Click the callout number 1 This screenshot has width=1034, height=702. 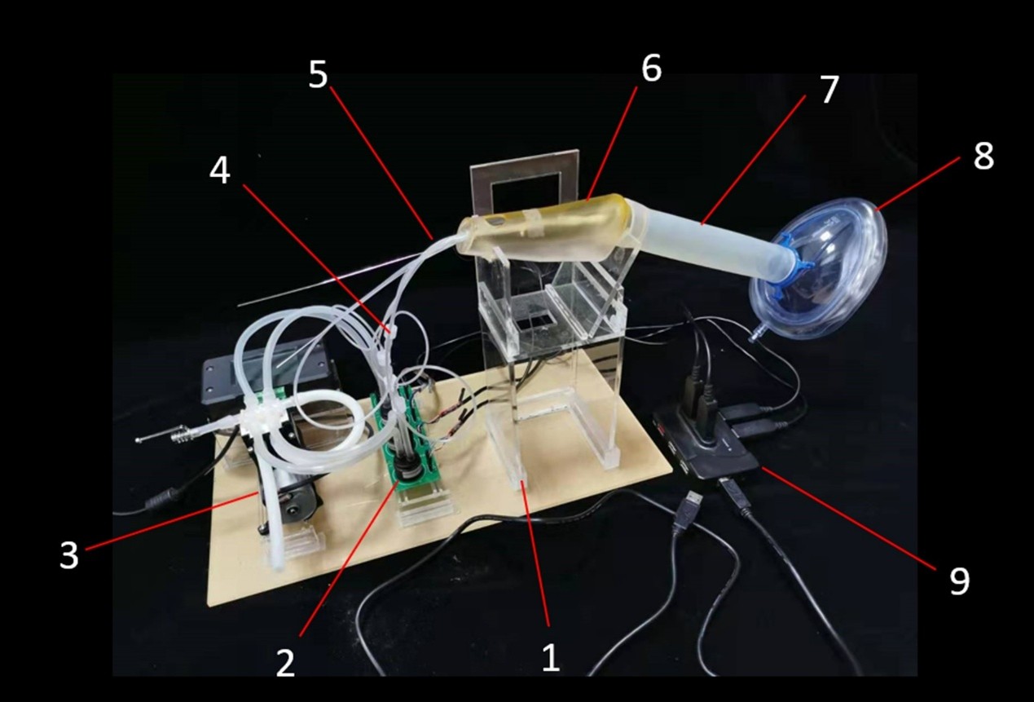pyautogui.click(x=551, y=657)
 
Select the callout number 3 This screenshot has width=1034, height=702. pyautogui.click(x=69, y=554)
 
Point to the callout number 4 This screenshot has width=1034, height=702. pyautogui.click(x=220, y=170)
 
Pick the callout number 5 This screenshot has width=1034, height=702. pyautogui.click(x=318, y=74)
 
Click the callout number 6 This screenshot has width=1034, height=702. pyautogui.click(x=651, y=68)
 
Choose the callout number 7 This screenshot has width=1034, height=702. pyautogui.click(x=829, y=89)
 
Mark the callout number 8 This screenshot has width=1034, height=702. pyautogui.click(x=983, y=156)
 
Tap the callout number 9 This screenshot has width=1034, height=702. pyautogui.click(x=960, y=581)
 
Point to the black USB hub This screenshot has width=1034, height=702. pyautogui.click(x=706, y=444)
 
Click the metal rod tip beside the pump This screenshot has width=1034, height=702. pyautogui.click(x=139, y=439)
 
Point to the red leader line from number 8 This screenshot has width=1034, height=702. pyautogui.click(x=917, y=183)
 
